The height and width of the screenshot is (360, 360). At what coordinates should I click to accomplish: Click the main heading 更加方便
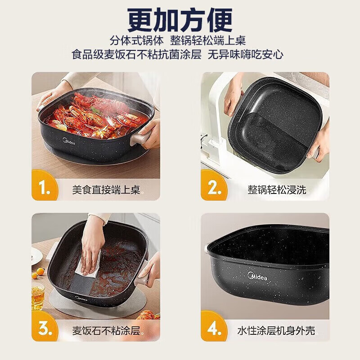click(x=180, y=19)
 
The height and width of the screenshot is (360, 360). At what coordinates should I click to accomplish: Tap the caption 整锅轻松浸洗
click(x=276, y=189)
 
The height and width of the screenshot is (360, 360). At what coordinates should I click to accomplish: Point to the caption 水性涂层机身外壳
click(x=276, y=330)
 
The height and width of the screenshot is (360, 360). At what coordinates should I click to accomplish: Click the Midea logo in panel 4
click(x=257, y=276)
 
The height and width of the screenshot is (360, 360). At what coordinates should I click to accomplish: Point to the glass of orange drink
click(x=38, y=297)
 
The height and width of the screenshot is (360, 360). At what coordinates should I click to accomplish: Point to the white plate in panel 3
click(x=36, y=256)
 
